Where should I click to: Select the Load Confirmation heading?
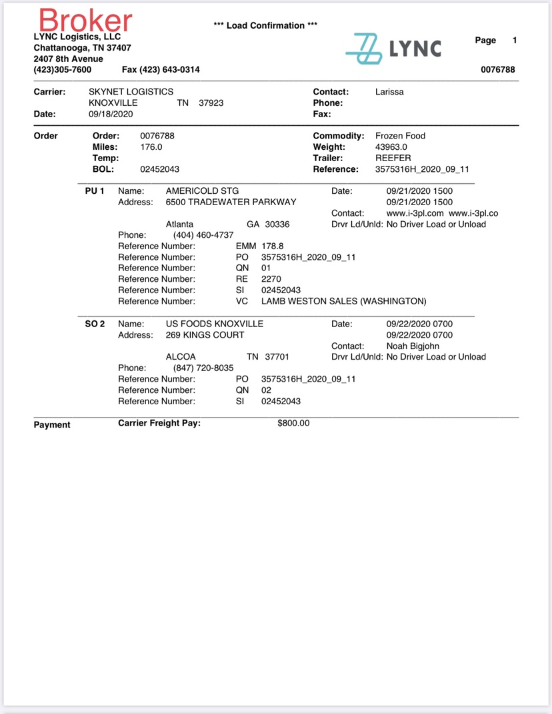pyautogui.click(x=265, y=25)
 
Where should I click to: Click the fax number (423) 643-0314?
pyautogui.click(x=161, y=70)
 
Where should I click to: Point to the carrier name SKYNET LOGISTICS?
pyautogui.click(x=131, y=91)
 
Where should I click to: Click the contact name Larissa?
pyautogui.click(x=389, y=91)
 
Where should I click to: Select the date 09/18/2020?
pyautogui.click(x=111, y=114)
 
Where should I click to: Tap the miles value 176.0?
pyautogui.click(x=151, y=147)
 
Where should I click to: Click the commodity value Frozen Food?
pyautogui.click(x=400, y=135)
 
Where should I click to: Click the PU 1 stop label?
pyautogui.click(x=95, y=191)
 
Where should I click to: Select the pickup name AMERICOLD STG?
pyautogui.click(x=202, y=191)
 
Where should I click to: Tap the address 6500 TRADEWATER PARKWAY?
pyautogui.click(x=231, y=202)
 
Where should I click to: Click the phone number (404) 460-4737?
pyautogui.click(x=203, y=235)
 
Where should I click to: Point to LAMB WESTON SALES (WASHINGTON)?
pyautogui.click(x=343, y=301)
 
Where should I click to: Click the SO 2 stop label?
pyautogui.click(x=95, y=324)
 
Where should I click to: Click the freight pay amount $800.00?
pyautogui.click(x=293, y=423)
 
